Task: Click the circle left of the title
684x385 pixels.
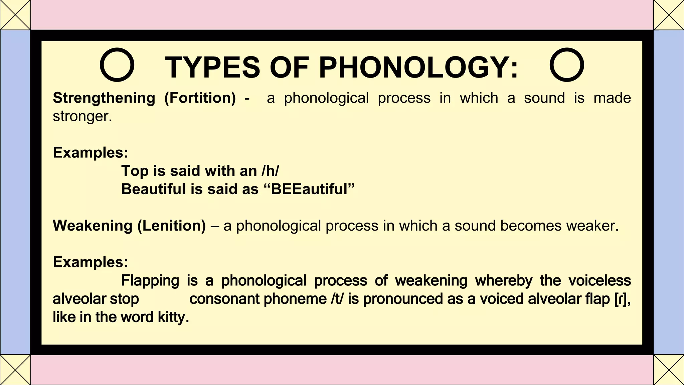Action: click(117, 65)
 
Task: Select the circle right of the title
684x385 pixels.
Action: click(567, 65)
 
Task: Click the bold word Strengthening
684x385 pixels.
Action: click(104, 98)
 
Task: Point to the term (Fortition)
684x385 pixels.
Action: click(200, 98)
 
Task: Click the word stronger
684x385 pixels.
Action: click(82, 116)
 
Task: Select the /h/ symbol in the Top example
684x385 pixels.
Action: click(270, 171)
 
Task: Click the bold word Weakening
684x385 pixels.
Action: click(93, 226)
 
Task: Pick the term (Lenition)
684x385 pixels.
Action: click(172, 226)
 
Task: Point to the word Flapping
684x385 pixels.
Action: click(150, 280)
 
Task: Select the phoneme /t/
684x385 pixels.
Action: click(337, 299)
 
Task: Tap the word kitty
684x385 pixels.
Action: click(173, 317)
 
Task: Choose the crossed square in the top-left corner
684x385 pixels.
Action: click(15, 15)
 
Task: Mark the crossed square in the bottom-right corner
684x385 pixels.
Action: click(669, 370)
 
